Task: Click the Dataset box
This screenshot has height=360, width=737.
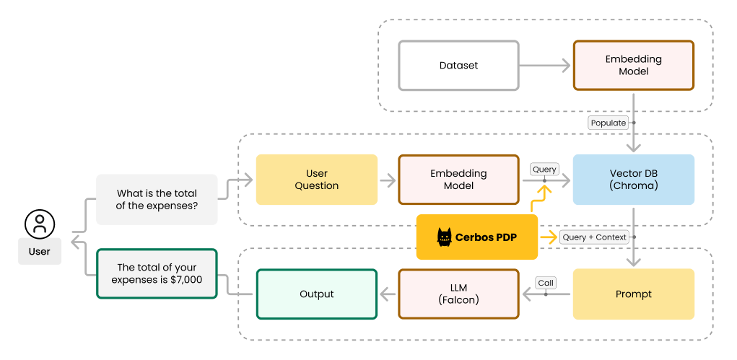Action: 458,66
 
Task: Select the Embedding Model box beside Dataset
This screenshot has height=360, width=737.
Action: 633,66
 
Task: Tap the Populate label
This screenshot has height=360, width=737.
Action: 609,123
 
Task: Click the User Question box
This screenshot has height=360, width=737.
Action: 316,180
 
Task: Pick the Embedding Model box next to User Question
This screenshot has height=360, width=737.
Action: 458,180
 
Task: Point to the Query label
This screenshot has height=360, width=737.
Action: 544,170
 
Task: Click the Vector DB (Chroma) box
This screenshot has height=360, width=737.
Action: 633,180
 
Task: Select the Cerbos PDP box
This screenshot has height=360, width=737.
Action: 477,237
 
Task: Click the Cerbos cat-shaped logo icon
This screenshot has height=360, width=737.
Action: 444,237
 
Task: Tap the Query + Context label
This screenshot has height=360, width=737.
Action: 595,237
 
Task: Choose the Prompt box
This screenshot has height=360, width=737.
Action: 633,294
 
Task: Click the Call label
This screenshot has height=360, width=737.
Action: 545,283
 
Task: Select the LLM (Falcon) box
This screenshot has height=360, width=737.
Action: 458,294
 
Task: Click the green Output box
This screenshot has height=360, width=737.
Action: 316,294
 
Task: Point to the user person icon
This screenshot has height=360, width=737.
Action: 40,224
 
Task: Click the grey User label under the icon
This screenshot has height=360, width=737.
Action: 40,252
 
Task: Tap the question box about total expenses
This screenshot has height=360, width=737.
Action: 157,199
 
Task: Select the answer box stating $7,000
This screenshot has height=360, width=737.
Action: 157,273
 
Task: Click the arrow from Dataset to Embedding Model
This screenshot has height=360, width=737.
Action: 545,66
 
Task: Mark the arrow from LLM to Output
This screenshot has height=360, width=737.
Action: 388,294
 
